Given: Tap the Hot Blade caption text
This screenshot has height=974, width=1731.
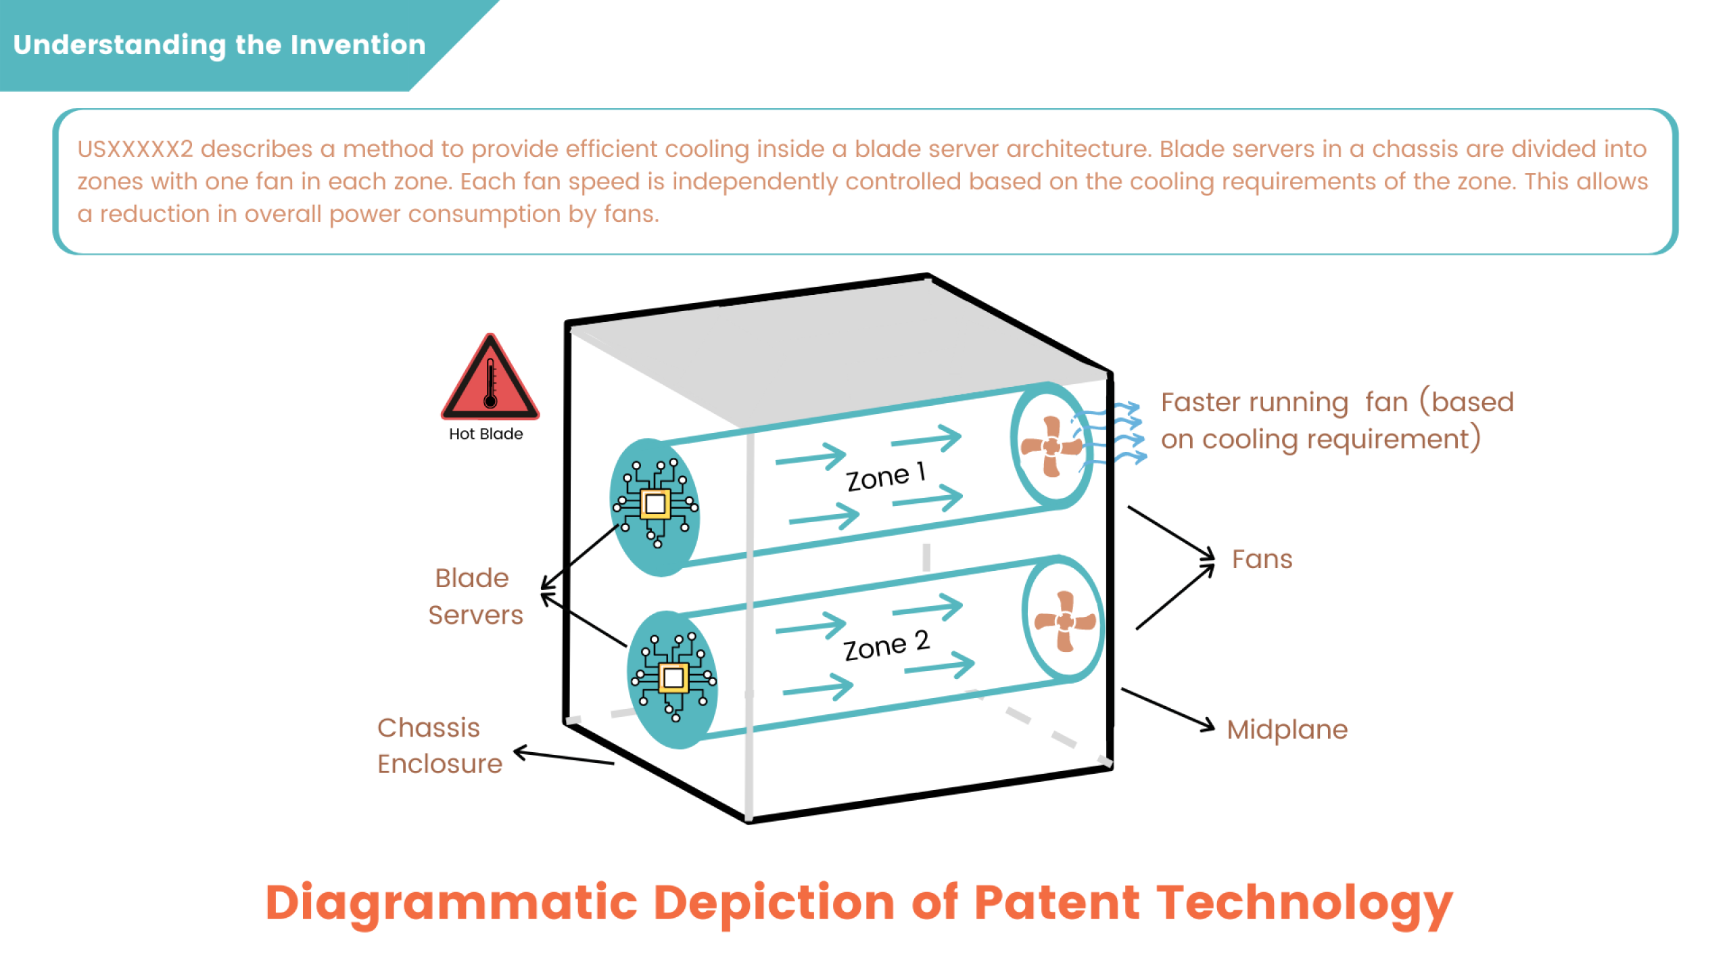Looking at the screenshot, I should tap(485, 434).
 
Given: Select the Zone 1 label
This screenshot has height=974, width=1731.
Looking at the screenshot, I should tap(885, 477).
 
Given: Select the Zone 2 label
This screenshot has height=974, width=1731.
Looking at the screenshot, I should tap(886, 646).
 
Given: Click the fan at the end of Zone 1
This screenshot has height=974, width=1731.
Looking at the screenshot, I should tap(1051, 446).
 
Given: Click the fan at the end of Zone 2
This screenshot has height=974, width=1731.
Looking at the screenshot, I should tap(1065, 621).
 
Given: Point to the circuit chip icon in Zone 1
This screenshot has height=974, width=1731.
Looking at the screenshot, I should tap(655, 504).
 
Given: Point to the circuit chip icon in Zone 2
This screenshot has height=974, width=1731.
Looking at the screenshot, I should tap(673, 677).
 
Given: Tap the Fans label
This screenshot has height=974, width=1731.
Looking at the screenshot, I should tap(1262, 560).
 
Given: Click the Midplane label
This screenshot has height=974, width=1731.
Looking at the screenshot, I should tap(1287, 730).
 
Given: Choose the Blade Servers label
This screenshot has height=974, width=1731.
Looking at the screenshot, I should tap(475, 597).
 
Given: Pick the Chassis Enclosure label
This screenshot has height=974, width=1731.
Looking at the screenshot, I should tap(440, 745).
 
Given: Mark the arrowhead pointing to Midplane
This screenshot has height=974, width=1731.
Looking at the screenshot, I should tap(1208, 726).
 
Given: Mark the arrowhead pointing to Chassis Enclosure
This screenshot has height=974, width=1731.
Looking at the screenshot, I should tap(521, 751).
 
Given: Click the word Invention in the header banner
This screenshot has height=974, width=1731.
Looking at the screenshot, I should tap(358, 45).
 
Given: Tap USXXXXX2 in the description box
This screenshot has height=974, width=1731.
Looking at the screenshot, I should tap(135, 149).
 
